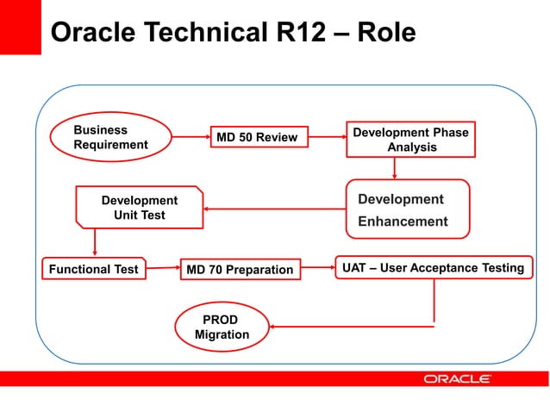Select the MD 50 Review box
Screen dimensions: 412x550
259,138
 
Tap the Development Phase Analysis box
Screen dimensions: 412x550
411,140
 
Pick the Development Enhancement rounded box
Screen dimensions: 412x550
408,209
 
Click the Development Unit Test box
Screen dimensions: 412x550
140,208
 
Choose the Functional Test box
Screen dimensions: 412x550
93,269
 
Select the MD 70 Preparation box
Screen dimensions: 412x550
241,270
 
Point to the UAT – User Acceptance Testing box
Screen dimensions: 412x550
433,268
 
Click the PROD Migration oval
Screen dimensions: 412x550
222,327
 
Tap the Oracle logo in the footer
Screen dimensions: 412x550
457,378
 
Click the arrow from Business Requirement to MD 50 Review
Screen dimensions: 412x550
191,135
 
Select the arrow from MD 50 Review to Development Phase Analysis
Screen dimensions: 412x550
327,138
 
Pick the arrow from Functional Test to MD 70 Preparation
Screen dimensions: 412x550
162,269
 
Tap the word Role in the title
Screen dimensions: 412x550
384,33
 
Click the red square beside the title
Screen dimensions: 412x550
21,26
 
